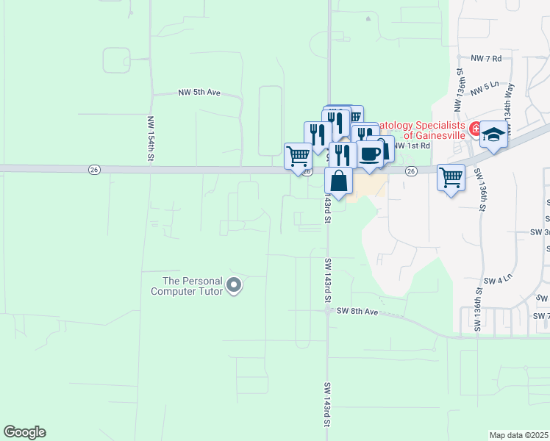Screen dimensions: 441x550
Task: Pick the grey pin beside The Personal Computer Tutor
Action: [234, 285]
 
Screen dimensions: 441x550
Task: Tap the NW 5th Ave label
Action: [199, 93]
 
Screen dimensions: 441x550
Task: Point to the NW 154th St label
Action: [150, 138]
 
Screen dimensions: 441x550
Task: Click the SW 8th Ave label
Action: [357, 312]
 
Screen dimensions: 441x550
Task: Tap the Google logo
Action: [24, 432]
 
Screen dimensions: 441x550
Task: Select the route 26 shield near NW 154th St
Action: [96, 170]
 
